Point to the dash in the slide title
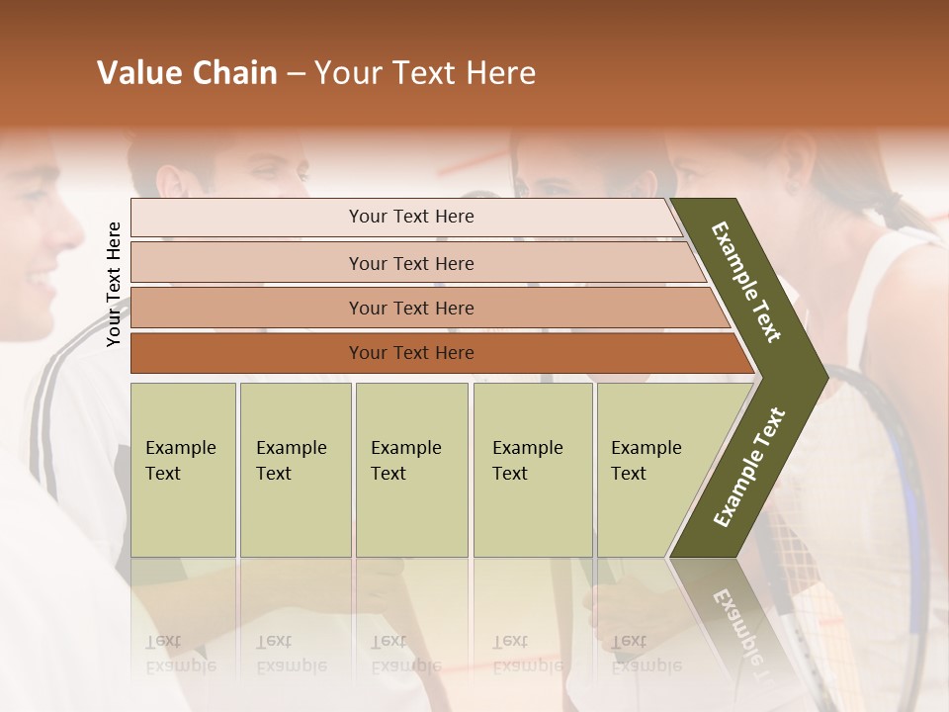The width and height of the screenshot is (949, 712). point(296,74)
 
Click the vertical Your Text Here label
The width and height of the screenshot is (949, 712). point(114,284)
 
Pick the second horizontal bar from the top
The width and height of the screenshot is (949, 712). point(410,263)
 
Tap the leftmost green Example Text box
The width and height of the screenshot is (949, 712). point(183,470)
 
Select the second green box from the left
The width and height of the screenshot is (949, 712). point(296,470)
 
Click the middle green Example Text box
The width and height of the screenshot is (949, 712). point(411,470)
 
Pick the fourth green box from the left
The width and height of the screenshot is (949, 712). point(533,470)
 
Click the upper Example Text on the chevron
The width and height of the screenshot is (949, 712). point(746,282)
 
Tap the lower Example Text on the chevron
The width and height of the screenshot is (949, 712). point(749,468)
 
